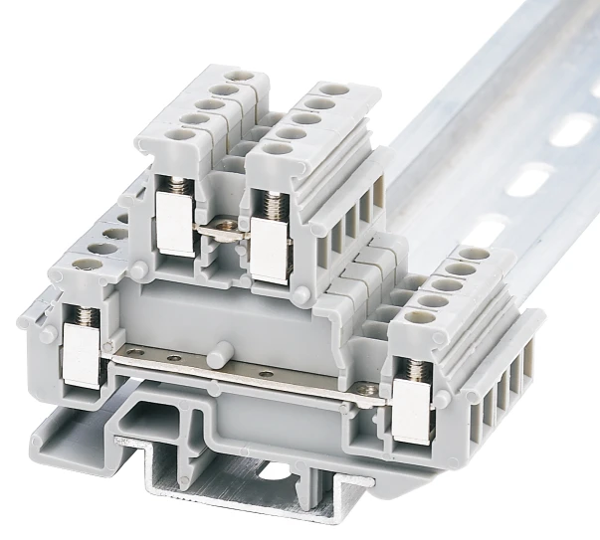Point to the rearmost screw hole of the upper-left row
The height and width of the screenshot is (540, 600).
236,77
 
